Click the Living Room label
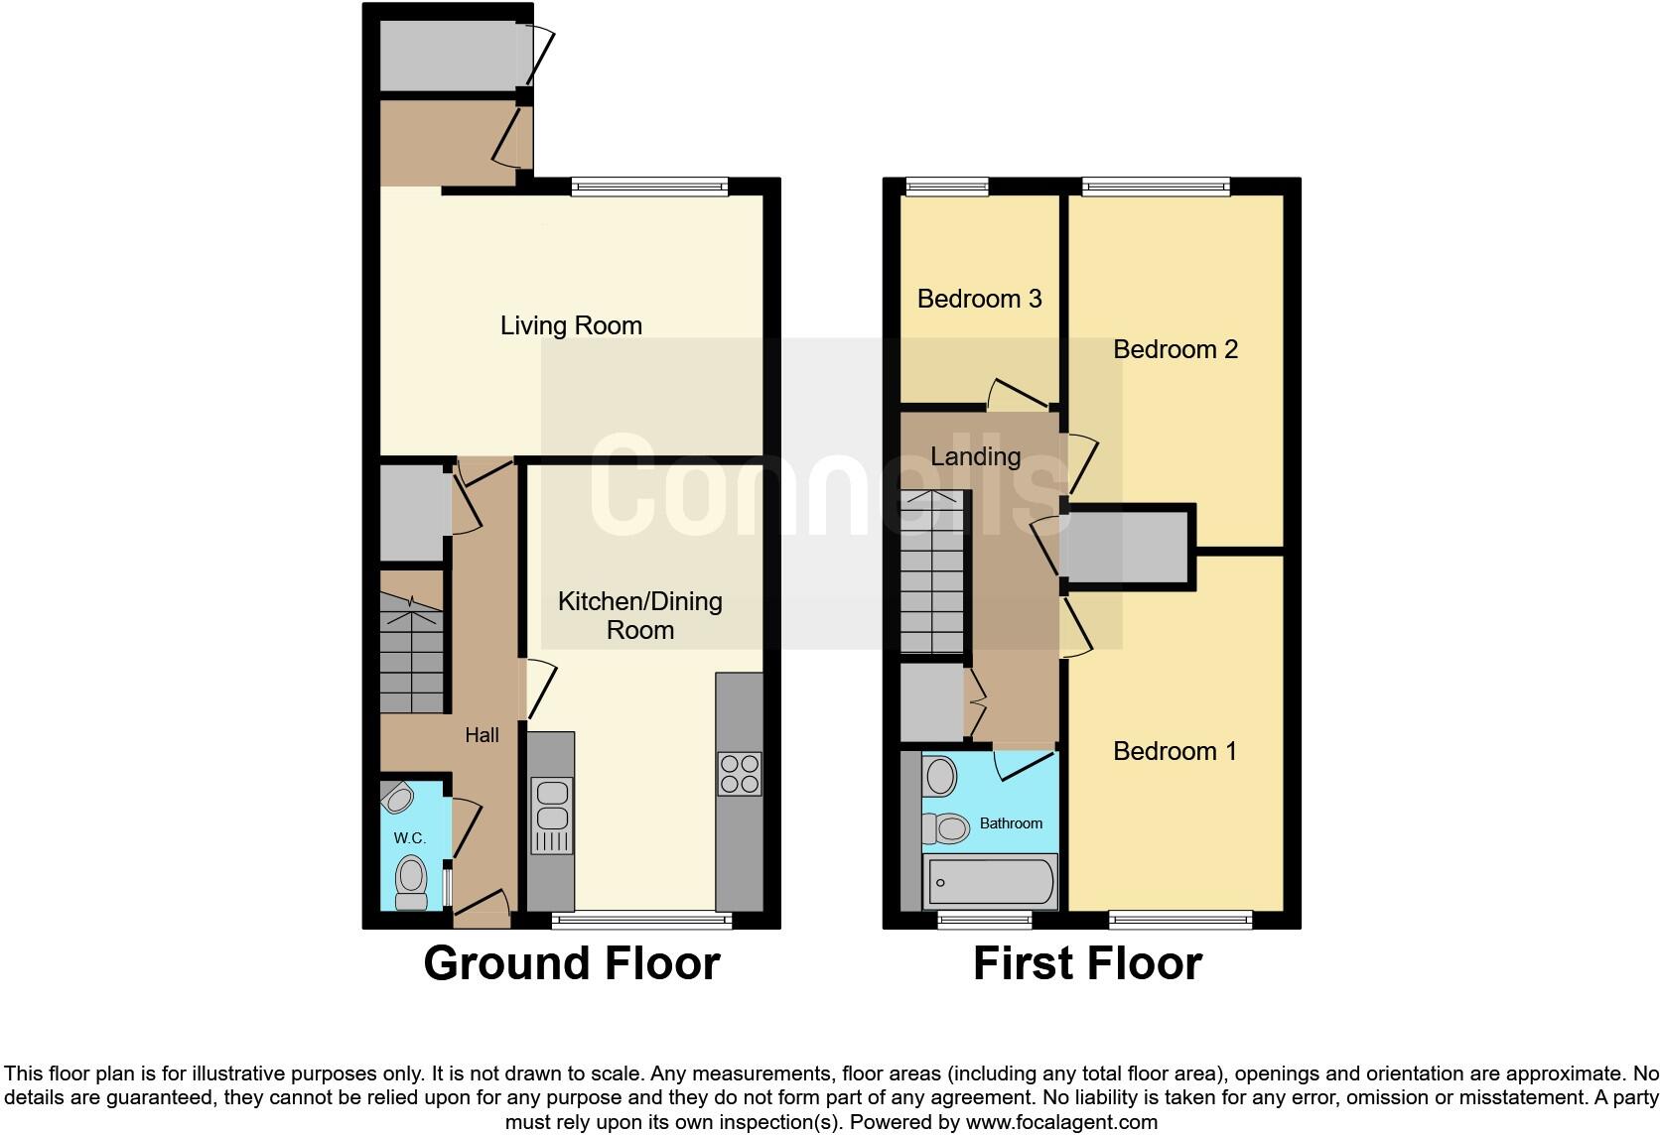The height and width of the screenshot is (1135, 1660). click(x=571, y=325)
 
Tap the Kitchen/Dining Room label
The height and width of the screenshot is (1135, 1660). click(x=640, y=615)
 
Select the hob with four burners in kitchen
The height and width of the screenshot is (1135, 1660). click(x=740, y=774)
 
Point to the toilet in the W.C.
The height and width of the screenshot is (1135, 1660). click(x=411, y=881)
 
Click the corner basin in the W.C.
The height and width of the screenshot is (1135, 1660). click(x=397, y=797)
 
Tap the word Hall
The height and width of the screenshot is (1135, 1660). click(x=483, y=735)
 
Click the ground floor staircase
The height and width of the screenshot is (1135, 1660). click(x=411, y=655)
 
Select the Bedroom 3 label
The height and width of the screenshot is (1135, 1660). click(x=979, y=299)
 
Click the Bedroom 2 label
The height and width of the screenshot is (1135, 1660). click(x=1176, y=349)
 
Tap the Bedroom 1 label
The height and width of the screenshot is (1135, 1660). click(x=1175, y=751)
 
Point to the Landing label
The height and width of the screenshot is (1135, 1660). click(x=975, y=456)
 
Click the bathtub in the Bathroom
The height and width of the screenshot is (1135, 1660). click(x=989, y=881)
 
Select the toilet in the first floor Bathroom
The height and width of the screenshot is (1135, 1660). click(x=945, y=826)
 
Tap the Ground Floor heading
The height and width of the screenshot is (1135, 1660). click(x=571, y=963)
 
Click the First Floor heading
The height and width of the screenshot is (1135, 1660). click(x=1087, y=963)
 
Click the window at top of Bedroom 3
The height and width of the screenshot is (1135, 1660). click(x=947, y=186)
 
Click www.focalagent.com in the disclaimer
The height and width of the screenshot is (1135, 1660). click(x=1061, y=1123)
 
